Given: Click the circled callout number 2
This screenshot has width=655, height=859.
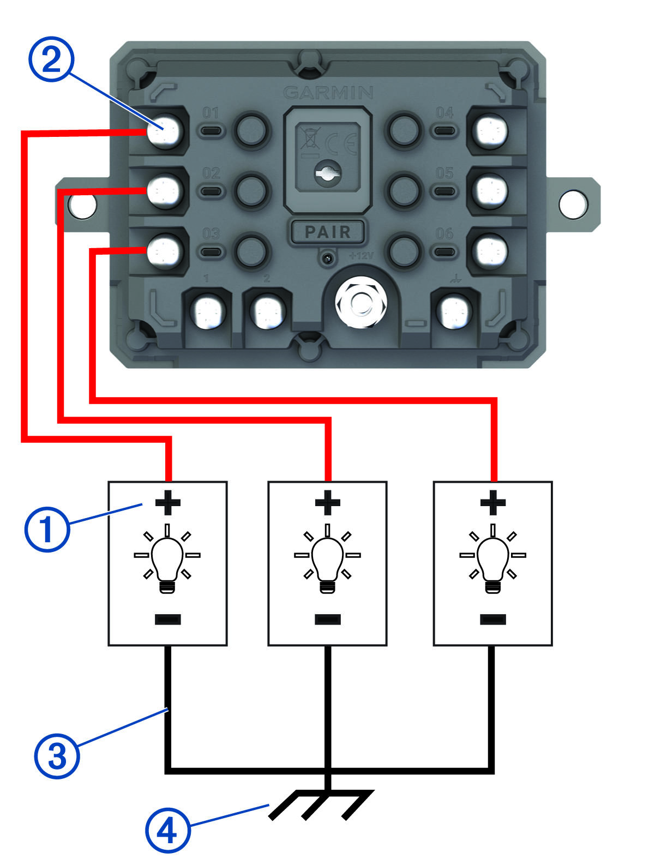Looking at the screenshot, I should [x=51, y=61].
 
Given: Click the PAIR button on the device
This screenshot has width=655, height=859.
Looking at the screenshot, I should [x=327, y=232].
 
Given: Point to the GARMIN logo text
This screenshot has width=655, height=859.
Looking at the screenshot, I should [x=329, y=92].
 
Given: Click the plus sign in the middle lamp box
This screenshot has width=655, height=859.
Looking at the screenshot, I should [x=328, y=502].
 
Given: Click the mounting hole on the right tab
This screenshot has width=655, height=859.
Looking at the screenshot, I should [x=574, y=203].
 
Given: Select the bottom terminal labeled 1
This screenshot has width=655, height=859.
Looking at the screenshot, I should [x=208, y=313].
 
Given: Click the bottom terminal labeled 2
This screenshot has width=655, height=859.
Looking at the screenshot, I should [x=268, y=313].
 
